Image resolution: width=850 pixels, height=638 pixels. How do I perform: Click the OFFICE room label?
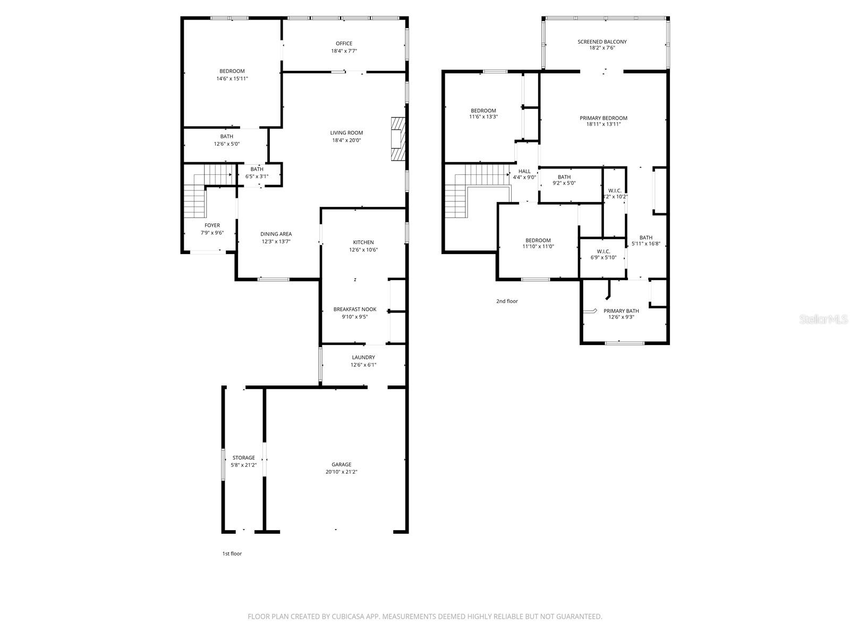[x=344, y=44]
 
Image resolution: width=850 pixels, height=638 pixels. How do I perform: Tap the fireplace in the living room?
[x=398, y=139]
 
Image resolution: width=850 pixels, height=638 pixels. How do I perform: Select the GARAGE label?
[x=341, y=465]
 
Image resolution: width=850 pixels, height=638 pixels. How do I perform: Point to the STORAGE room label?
[x=243, y=457]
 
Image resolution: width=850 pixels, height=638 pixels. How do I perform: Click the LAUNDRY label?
[x=363, y=357]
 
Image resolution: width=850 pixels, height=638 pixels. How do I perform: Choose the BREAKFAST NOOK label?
[x=355, y=309]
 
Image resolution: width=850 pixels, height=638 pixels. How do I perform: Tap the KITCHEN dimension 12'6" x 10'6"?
[x=363, y=250]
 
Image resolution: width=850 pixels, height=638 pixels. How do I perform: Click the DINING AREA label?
[x=276, y=234]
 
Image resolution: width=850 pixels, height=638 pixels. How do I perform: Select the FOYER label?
[x=212, y=225]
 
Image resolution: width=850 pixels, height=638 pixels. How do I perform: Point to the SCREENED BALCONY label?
[x=602, y=42]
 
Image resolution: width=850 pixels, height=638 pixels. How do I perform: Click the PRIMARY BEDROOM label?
[x=603, y=118]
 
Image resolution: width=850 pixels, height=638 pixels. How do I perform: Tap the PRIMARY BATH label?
[x=621, y=310]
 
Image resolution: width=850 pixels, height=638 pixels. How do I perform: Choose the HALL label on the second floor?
[x=524, y=171]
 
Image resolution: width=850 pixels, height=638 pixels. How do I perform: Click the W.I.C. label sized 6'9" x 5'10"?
[x=603, y=251]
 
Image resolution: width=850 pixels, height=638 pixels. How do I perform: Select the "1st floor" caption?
[x=232, y=553]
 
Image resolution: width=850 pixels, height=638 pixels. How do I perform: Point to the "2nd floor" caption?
[x=507, y=301]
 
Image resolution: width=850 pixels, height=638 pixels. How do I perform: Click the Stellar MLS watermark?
[x=823, y=319]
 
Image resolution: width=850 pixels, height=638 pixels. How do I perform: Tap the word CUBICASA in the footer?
[x=348, y=616]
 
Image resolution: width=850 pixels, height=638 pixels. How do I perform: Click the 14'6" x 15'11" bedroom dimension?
[x=232, y=79]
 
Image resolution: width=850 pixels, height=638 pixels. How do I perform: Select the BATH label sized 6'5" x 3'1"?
[x=257, y=169]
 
